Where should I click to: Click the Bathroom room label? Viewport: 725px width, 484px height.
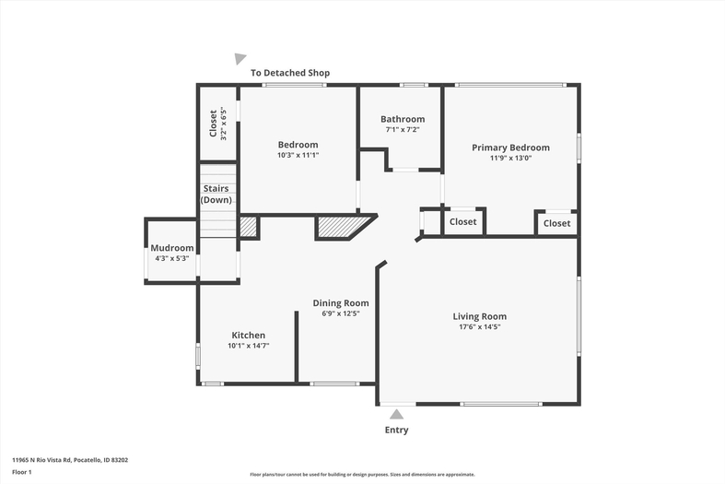point(403,119)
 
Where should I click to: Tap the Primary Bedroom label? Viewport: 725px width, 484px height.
point(510,148)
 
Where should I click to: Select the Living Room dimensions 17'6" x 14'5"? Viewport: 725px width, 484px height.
point(479,326)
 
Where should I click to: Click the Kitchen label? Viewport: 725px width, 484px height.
point(249,336)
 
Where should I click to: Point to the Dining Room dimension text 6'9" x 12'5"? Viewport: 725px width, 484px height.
point(341,313)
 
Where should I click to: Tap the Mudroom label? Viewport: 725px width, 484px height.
point(172,248)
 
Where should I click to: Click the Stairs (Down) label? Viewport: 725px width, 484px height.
point(216,195)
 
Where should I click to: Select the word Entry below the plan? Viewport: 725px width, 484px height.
point(397,430)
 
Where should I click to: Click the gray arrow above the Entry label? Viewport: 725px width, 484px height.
point(396,414)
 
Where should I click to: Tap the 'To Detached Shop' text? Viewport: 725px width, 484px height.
point(290,73)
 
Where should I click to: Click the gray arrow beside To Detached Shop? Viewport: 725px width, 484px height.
point(240,59)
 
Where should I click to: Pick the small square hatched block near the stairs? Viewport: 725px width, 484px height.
point(248,227)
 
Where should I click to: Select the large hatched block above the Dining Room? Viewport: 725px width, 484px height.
point(342,227)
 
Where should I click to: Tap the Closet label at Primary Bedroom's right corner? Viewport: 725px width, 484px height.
point(556,223)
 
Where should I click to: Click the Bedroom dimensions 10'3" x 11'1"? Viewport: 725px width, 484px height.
point(298,155)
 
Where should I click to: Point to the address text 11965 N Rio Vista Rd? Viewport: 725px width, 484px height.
point(41,460)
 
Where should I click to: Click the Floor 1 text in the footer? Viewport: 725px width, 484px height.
point(22,472)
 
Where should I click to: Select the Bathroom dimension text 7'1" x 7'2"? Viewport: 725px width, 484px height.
point(403,130)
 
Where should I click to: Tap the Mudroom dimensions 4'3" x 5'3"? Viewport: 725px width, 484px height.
point(172,258)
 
